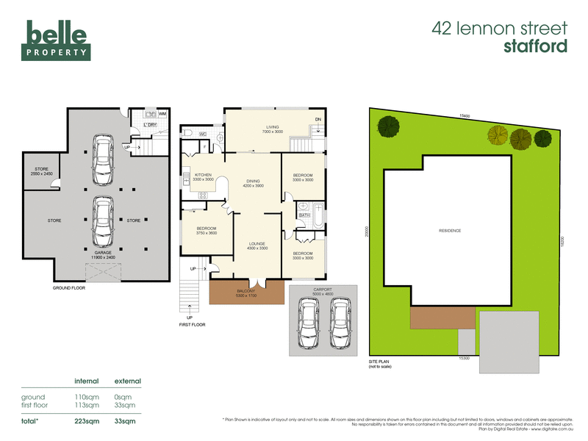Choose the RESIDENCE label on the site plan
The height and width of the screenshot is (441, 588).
point(449,231)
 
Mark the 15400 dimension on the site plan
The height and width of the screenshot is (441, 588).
point(465,116)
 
